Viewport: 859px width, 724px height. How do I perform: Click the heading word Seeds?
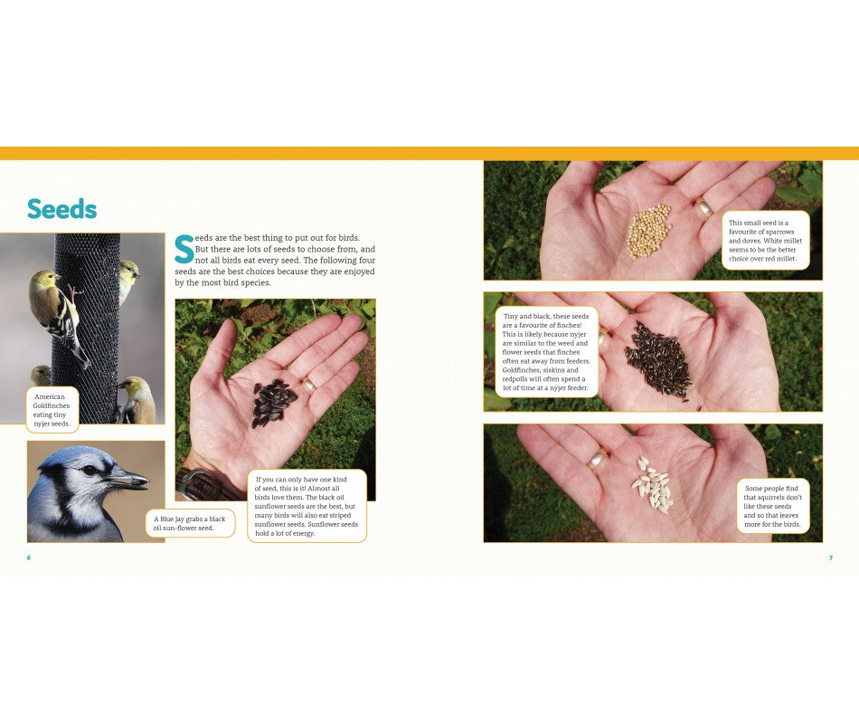pyautogui.click(x=61, y=209)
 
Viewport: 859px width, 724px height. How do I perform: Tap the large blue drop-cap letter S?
pyautogui.click(x=184, y=251)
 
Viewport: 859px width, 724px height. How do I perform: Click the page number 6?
pyautogui.click(x=28, y=557)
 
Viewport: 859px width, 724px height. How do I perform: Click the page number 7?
pyautogui.click(x=830, y=557)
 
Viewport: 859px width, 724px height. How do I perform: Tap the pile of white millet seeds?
pyautogui.click(x=648, y=230)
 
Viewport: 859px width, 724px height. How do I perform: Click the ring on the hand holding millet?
pyautogui.click(x=703, y=208)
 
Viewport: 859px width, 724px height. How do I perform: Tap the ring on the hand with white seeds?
pyautogui.click(x=597, y=460)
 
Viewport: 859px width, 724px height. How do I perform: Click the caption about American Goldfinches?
pyautogui.click(x=52, y=410)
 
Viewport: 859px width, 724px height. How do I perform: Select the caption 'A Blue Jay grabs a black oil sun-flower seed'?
pyautogui.click(x=190, y=523)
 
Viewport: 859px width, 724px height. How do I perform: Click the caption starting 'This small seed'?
pyautogui.click(x=765, y=240)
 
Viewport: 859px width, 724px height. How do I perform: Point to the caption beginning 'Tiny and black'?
pyautogui.click(x=546, y=352)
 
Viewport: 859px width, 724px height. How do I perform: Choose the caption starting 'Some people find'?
pyautogui.click(x=771, y=506)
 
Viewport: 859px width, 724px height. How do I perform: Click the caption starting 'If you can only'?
pyautogui.click(x=307, y=506)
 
